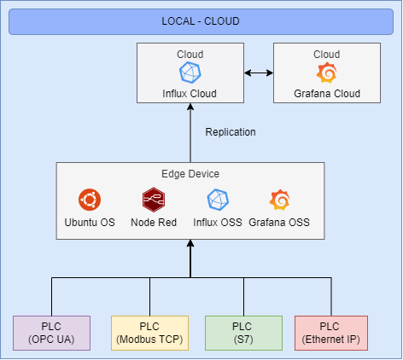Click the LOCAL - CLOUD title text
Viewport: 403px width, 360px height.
click(x=201, y=21)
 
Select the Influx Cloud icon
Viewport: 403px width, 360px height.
click(x=190, y=73)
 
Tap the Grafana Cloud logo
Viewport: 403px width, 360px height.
click(x=327, y=73)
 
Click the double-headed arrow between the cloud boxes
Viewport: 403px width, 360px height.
click(x=259, y=73)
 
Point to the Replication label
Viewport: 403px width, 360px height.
click(x=231, y=132)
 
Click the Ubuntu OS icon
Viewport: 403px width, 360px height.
click(x=90, y=200)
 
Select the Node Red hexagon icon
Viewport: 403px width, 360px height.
click(x=154, y=200)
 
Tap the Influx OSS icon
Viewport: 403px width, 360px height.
click(x=218, y=200)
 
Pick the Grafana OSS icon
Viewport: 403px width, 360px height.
click(x=279, y=200)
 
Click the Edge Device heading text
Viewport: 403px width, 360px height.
click(x=190, y=174)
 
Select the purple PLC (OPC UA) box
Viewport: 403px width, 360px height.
click(x=51, y=333)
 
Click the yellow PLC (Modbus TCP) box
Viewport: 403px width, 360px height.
click(x=149, y=333)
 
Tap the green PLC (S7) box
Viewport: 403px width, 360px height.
click(x=243, y=333)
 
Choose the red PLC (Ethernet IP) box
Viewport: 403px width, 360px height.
click(x=331, y=333)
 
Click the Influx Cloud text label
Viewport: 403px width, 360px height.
click(x=190, y=94)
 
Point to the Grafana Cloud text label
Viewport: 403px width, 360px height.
click(x=327, y=94)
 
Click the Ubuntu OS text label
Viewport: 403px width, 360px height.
click(x=90, y=223)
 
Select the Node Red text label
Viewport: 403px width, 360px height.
click(x=154, y=223)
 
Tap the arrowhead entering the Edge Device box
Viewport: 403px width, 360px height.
click(x=190, y=243)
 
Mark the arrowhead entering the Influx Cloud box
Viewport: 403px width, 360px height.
click(x=190, y=107)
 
